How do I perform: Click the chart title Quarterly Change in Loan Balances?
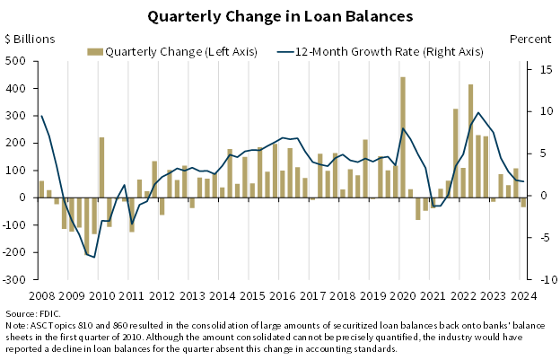tap(280, 16)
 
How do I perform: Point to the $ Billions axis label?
tap(30, 40)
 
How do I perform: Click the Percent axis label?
tap(530, 40)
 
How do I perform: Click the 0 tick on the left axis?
tap(24, 198)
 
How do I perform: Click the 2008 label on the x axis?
tap(42, 294)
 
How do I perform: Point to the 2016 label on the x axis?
tap(282, 294)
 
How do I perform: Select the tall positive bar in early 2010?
tap(101, 167)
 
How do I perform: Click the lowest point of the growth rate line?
tap(94, 257)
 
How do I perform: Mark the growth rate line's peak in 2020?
tap(403, 128)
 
